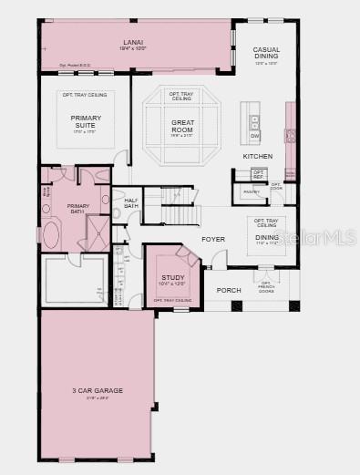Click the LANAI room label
(x=134, y=42)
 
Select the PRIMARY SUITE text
(x=86, y=121)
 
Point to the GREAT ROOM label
(x=182, y=126)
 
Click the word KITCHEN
(x=257, y=156)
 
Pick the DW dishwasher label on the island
(x=254, y=136)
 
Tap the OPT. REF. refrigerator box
(x=259, y=173)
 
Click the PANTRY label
(x=252, y=191)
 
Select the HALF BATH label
(x=131, y=203)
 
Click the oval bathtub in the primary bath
(x=50, y=236)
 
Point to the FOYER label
(x=213, y=239)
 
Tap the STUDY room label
(x=172, y=277)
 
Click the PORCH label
(x=229, y=291)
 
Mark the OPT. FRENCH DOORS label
(x=266, y=287)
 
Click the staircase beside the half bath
(x=180, y=208)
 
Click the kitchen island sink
(x=254, y=119)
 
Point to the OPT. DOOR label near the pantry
(x=276, y=186)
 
